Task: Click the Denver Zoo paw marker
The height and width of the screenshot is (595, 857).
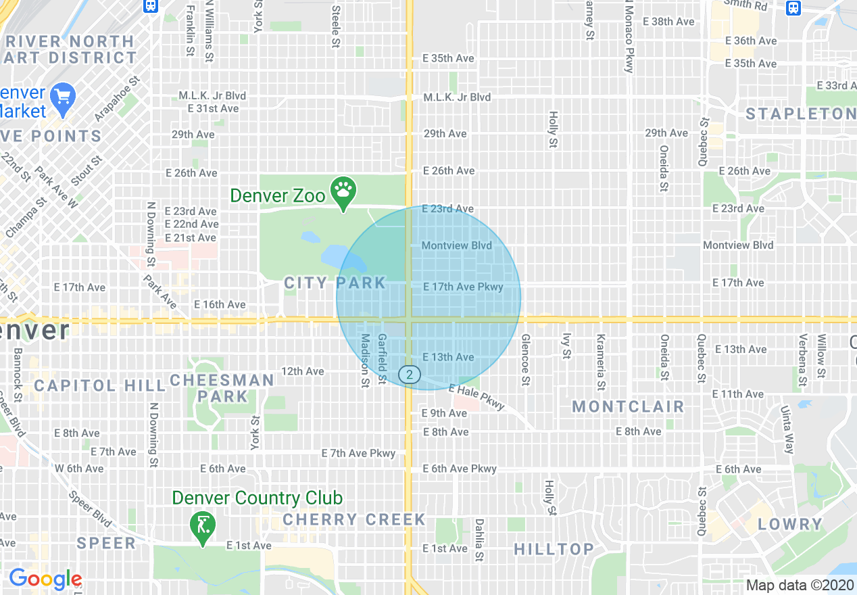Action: click(x=343, y=192)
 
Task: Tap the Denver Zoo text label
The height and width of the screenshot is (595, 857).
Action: click(x=278, y=196)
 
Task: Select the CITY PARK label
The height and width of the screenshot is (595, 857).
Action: click(x=335, y=283)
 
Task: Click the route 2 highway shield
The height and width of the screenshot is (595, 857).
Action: click(x=409, y=374)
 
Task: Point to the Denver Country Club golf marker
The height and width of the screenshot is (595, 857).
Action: click(x=202, y=525)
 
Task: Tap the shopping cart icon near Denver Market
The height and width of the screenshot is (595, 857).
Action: click(x=64, y=99)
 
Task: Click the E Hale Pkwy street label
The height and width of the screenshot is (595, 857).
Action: click(x=476, y=397)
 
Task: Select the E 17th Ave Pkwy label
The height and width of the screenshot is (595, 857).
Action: click(x=463, y=287)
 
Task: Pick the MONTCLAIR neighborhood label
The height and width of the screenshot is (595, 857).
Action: click(x=628, y=406)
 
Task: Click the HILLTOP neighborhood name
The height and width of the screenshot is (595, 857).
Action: click(x=554, y=549)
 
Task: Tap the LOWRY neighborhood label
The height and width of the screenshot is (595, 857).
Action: click(x=790, y=525)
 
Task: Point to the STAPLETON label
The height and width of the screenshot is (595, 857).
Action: click(x=800, y=114)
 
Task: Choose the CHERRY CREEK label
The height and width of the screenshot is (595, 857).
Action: click(x=354, y=519)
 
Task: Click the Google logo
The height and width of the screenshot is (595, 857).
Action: click(x=45, y=579)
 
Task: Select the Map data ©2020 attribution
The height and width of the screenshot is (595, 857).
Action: click(x=800, y=585)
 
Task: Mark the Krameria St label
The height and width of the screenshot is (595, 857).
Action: click(x=600, y=363)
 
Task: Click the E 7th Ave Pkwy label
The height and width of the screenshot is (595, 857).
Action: click(x=358, y=453)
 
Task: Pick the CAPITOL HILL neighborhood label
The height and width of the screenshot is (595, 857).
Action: click(x=99, y=386)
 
